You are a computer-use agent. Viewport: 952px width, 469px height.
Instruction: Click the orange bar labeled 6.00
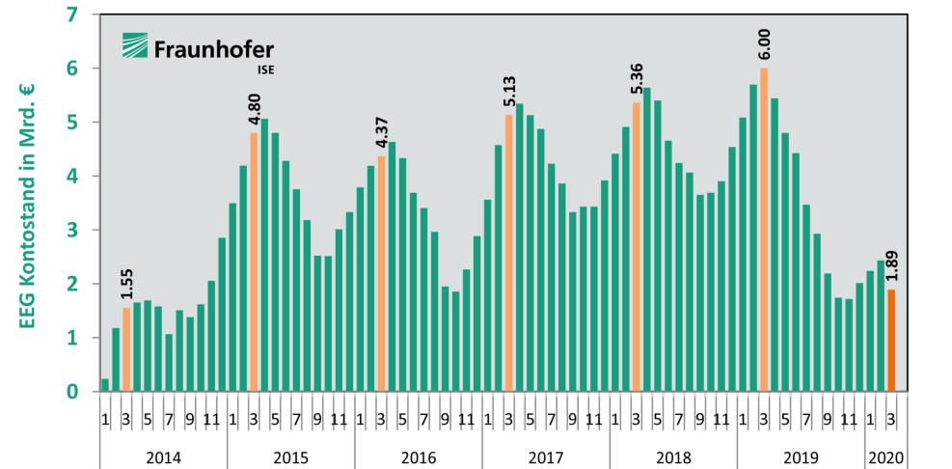764,230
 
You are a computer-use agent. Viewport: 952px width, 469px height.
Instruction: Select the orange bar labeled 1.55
126,349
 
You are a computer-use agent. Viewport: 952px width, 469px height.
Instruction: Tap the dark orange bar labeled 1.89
891,341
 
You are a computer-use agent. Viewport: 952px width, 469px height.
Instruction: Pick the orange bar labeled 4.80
254,262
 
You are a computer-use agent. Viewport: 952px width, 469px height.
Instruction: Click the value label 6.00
764,46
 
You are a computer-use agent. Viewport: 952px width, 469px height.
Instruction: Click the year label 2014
164,456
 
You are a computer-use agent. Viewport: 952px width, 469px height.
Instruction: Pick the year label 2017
546,456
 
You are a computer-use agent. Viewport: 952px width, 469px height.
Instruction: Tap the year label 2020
886,456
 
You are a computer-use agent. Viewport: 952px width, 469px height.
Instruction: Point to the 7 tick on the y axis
73,14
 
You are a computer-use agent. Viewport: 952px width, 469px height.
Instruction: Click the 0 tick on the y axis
73,392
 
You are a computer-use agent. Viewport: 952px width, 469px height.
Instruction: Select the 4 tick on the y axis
73,177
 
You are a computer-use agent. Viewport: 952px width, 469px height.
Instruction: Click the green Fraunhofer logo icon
135,47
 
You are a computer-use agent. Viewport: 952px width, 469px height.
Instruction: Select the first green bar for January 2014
105,385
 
